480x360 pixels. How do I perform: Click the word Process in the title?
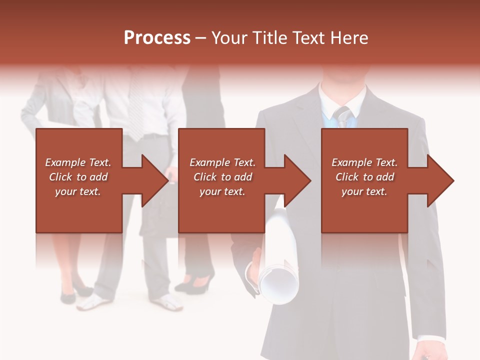pyautogui.click(x=157, y=38)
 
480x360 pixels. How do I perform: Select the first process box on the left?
pyautogui.click(x=79, y=210)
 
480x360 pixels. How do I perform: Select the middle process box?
pyautogui.click(x=221, y=210)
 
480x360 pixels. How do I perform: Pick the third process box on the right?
pyautogui.click(x=364, y=210)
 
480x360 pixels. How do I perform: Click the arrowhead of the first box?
pyautogui.click(x=155, y=180)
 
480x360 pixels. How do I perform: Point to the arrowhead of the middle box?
pyautogui.click(x=297, y=180)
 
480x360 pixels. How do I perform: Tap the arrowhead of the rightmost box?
pyautogui.click(x=440, y=180)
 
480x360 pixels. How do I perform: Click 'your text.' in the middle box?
pyautogui.click(x=222, y=191)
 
